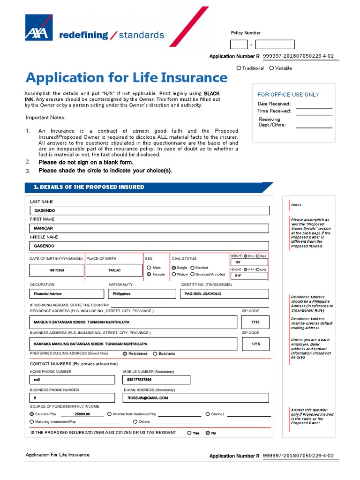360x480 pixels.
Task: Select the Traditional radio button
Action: [239, 68]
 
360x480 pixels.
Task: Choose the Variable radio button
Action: [271, 68]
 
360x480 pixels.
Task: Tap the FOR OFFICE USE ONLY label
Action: [288, 94]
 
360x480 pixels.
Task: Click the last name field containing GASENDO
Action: [149, 211]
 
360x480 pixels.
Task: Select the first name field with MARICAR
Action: [149, 228]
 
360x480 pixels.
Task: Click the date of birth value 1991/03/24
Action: [57, 270]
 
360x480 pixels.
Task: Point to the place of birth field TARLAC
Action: [114, 270]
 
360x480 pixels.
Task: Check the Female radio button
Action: [149, 274]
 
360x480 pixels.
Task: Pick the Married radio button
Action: [192, 268]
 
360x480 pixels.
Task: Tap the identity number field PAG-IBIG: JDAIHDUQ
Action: [224, 294]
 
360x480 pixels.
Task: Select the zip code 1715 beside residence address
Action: [255, 322]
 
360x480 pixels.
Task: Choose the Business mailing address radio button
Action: [155, 354]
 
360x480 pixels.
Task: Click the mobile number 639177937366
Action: [156, 380]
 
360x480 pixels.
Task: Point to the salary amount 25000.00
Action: [82, 414]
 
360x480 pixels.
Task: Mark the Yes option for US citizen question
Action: [189, 433]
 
